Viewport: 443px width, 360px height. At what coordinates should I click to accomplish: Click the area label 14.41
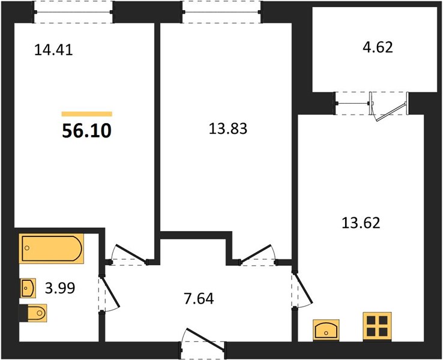[53, 50]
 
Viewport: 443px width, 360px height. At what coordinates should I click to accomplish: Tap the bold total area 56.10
[86, 131]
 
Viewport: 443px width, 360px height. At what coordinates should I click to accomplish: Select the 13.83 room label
[228, 128]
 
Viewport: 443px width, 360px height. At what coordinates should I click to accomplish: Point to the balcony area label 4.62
[378, 47]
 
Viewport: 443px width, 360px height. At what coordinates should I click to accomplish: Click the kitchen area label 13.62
[361, 223]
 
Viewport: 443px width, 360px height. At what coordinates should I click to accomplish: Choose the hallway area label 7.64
[199, 298]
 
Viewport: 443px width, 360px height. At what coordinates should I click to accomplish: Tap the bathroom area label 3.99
[60, 288]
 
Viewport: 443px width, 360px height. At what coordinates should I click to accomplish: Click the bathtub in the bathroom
[52, 248]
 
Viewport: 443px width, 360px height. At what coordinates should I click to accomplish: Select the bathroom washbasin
[28, 288]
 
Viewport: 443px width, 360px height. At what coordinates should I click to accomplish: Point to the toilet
[33, 313]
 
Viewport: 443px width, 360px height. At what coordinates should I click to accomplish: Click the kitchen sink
[326, 329]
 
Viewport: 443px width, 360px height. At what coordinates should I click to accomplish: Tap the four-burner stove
[377, 326]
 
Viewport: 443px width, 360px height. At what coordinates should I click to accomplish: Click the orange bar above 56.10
[87, 114]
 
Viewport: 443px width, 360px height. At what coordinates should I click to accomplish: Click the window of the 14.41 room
[73, 12]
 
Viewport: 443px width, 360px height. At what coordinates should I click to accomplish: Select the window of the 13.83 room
[221, 12]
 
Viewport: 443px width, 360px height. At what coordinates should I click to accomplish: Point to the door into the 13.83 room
[258, 254]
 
